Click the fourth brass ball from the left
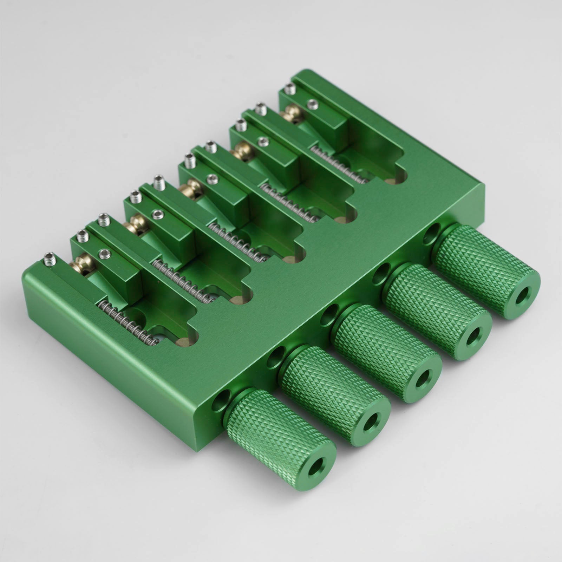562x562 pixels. tap(240, 151)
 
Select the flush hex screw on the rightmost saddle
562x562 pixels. tap(312, 104)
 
